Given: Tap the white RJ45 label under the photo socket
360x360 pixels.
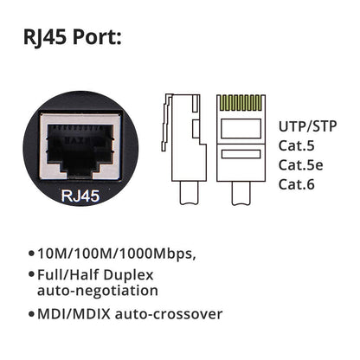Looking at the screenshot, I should (x=81, y=196).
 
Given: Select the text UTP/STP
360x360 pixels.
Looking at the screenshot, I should (x=308, y=125).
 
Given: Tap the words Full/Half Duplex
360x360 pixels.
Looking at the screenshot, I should (x=97, y=275).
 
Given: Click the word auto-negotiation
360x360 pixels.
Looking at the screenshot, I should (x=97, y=292).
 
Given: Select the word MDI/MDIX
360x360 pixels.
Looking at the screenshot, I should (x=70, y=313).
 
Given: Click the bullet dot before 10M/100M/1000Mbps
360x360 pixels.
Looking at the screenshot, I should (x=31, y=255).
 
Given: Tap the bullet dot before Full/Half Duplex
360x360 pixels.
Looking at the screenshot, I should (x=31, y=276).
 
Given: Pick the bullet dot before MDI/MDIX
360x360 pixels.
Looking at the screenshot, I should (x=31, y=314).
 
